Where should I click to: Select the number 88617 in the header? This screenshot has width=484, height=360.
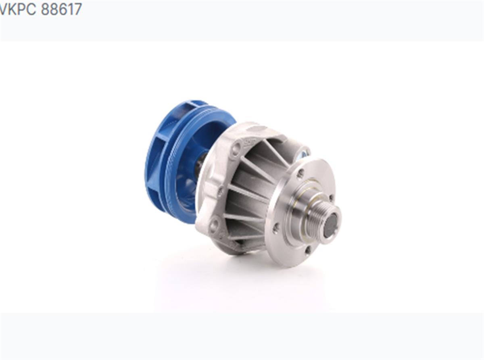61,9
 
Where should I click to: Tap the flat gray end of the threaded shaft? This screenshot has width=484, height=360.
330,225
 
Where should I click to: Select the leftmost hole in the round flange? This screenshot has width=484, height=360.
276,228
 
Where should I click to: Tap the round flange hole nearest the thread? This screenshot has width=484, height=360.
331,198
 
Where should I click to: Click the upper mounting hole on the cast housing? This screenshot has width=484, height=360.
236,149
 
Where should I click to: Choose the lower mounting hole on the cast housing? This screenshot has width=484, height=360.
213,225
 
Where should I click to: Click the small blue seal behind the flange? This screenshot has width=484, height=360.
303,154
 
